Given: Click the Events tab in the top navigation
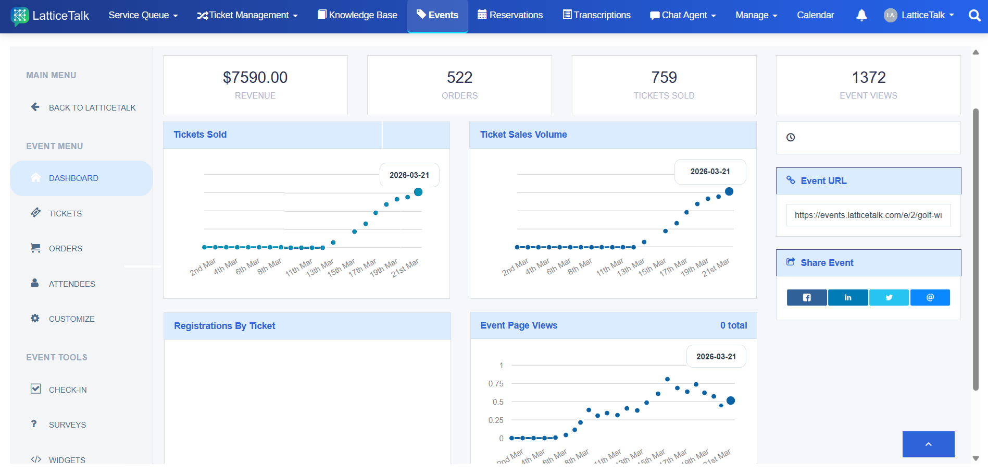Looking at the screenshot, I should point(437,15).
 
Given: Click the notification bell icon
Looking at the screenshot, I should point(861,15).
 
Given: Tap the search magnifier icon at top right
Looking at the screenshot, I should point(974,15).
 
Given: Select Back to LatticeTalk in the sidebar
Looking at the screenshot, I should point(92,107).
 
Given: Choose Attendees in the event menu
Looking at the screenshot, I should point(72,284).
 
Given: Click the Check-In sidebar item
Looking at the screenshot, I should point(68,390).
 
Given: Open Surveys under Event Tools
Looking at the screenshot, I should point(67,425).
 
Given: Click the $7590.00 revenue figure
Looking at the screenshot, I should point(255,77).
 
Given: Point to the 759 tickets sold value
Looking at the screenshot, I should point(664,77).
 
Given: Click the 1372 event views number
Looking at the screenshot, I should point(868,77).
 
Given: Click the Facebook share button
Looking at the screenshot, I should point(807,297).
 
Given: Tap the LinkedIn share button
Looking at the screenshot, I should point(848,297).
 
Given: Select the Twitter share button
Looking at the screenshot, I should point(889,297).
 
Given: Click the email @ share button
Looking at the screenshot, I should point(930,297).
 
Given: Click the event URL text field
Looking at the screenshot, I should point(868,215).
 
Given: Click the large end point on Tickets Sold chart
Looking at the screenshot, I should point(418,192).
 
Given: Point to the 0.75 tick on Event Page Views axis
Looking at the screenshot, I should point(496,383).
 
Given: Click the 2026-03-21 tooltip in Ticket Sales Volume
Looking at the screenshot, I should point(710,172).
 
